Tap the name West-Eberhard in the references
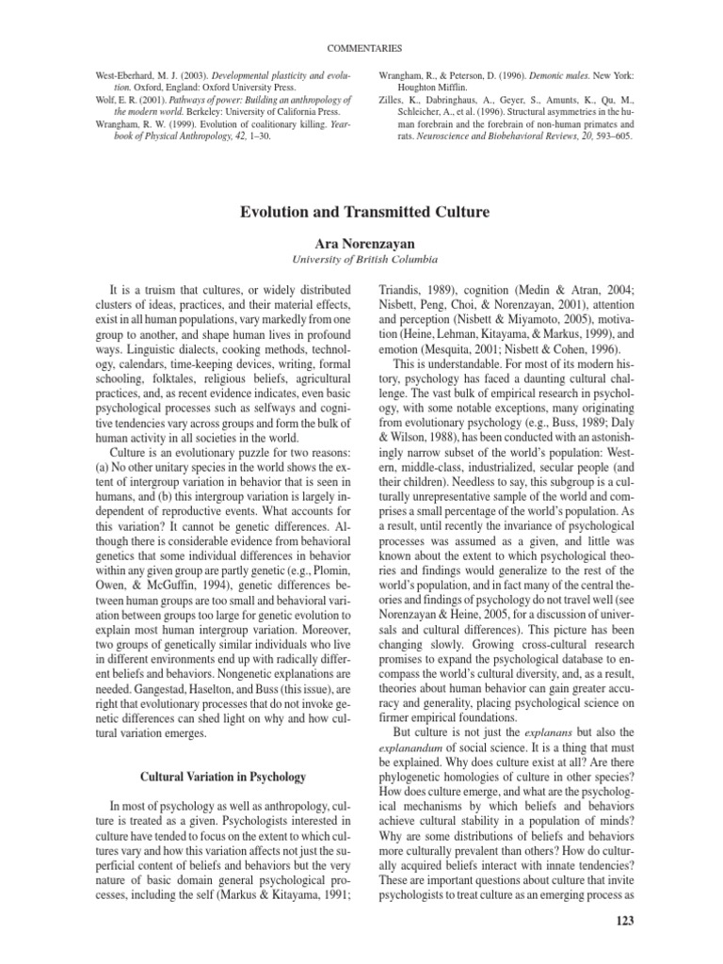(x=119, y=72)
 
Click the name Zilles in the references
(x=392, y=98)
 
